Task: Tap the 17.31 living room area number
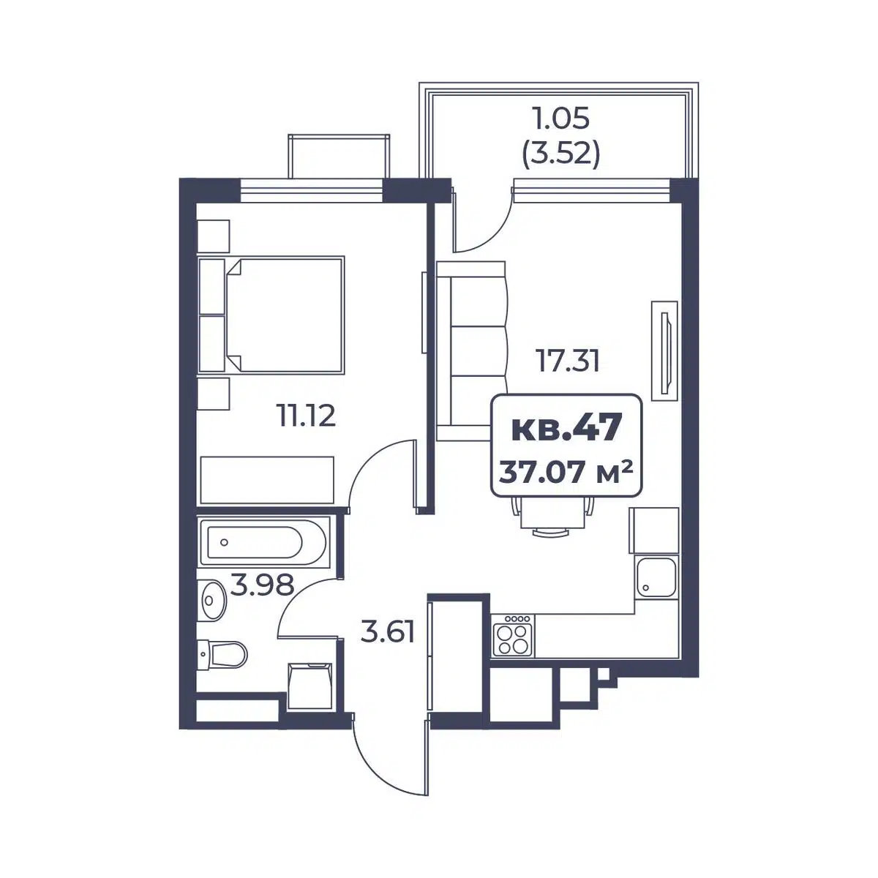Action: [x=568, y=361]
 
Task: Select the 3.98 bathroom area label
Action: [x=261, y=585]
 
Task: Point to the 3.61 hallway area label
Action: [x=387, y=632]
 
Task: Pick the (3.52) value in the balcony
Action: [x=560, y=157]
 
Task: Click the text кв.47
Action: [x=566, y=428]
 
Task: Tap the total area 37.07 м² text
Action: [x=566, y=473]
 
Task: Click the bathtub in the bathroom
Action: [x=263, y=542]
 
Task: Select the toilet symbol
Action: [x=222, y=655]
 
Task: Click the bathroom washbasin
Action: [x=212, y=600]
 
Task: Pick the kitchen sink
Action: [x=656, y=577]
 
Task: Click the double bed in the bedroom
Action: [x=271, y=315]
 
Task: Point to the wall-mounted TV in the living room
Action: [x=664, y=351]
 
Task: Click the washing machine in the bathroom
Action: [x=310, y=686]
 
